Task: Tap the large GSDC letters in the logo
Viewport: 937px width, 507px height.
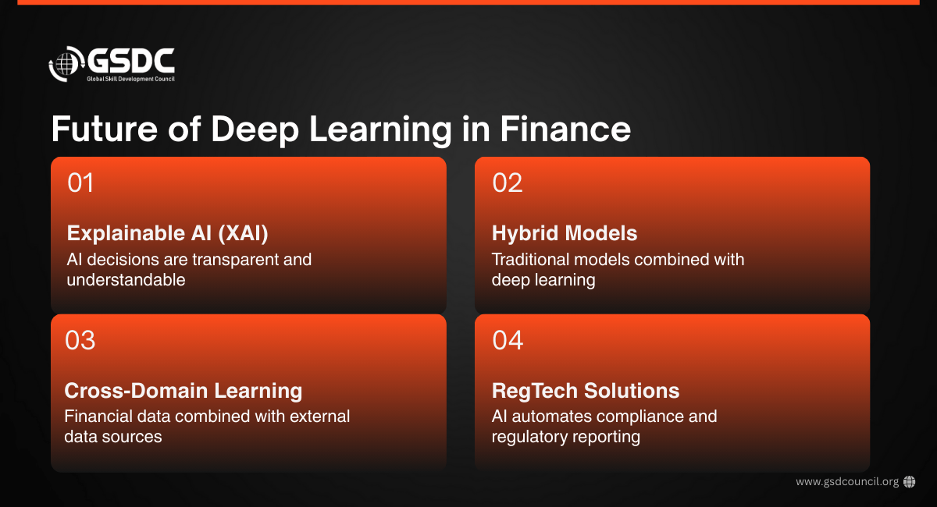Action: pos(130,61)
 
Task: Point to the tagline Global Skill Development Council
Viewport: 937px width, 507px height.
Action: pos(130,79)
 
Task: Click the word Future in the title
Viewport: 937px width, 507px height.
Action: pos(104,129)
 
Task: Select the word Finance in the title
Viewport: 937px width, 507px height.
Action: pos(565,129)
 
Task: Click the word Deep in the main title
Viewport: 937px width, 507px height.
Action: pos(255,131)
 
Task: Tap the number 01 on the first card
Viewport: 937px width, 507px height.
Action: pos(80,183)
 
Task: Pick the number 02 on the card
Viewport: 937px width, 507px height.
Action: pos(508,183)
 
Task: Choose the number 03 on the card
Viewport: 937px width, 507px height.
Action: pos(80,340)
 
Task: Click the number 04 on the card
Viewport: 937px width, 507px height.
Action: pos(508,340)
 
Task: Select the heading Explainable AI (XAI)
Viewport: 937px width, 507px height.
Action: pos(167,233)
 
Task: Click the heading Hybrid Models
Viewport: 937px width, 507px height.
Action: pos(565,233)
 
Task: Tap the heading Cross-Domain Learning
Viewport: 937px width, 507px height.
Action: pos(183,391)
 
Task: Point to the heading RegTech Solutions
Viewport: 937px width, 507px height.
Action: pos(586,392)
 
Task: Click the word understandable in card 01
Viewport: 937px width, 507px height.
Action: pos(126,279)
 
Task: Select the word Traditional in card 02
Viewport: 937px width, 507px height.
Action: pos(530,260)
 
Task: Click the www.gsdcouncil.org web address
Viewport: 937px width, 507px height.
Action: pos(847,482)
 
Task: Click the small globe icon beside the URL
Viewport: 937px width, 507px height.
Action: pos(910,482)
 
